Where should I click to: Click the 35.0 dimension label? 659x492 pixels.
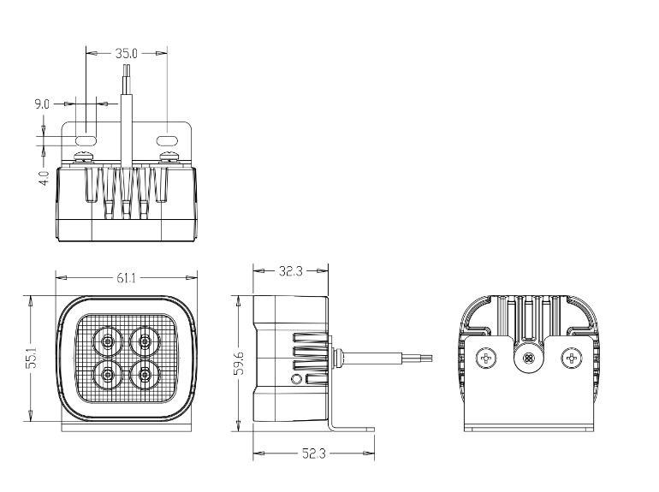coord(127,53)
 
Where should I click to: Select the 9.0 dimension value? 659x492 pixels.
coord(42,104)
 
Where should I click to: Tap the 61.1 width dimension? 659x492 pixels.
coord(126,277)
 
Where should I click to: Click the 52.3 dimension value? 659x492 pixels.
coord(312,454)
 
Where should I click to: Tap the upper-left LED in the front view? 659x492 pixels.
coord(109,341)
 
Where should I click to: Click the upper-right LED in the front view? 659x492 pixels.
coord(142,341)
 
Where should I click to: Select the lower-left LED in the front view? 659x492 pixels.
coord(109,373)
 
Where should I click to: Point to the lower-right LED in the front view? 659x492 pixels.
coord(142,373)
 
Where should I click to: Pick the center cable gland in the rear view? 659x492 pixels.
coord(529,357)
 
